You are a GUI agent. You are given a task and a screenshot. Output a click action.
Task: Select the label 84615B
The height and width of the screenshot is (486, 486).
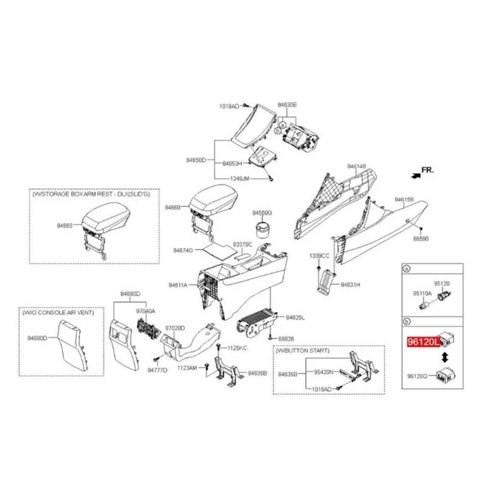click(404, 199)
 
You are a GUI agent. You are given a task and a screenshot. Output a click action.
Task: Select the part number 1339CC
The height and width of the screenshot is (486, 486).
click(319, 255)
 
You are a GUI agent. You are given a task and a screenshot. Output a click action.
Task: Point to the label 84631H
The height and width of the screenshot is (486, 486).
click(350, 284)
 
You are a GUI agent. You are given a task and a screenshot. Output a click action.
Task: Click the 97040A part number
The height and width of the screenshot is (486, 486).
click(145, 310)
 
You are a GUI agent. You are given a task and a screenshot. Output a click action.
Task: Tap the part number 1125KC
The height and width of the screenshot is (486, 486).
click(237, 348)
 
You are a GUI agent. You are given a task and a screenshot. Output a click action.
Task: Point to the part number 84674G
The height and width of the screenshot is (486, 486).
click(183, 250)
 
